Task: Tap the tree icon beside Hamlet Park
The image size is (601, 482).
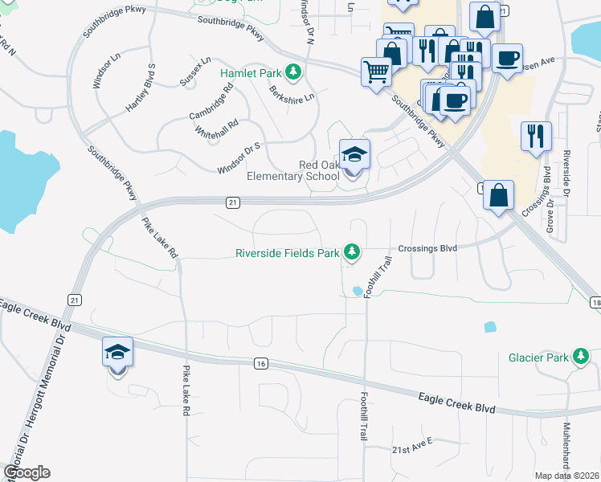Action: coord(293,72)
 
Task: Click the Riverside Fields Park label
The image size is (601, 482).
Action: coord(287,253)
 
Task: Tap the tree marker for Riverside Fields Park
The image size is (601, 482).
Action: coord(351,252)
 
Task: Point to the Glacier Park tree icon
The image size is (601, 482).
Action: coord(580,356)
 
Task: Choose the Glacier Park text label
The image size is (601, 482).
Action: coord(538,357)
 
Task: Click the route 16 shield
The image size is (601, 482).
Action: coord(260,364)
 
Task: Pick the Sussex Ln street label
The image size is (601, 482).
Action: coord(195,71)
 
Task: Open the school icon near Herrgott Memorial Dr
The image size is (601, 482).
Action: coord(117,353)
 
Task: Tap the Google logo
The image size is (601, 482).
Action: coord(27,472)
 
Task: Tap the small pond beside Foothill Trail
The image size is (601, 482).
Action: coord(356,291)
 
